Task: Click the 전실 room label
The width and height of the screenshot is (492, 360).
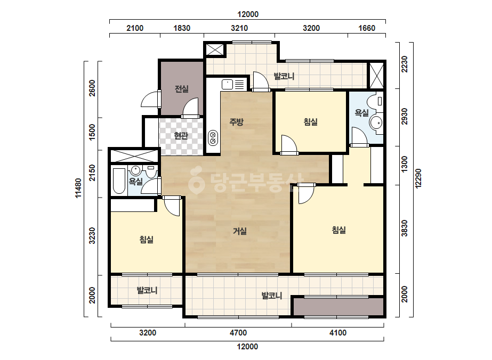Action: pyautogui.click(x=182, y=89)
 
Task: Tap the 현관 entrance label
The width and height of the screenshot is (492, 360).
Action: pyautogui.click(x=181, y=135)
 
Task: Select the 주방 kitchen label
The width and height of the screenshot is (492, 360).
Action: pyautogui.click(x=236, y=121)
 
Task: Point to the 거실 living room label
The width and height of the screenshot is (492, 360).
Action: pyautogui.click(x=240, y=231)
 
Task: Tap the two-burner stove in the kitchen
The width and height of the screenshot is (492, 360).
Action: pyautogui.click(x=213, y=138)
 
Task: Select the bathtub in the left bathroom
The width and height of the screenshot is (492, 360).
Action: pyautogui.click(x=119, y=181)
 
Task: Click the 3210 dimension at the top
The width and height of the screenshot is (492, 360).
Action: pyautogui.click(x=239, y=28)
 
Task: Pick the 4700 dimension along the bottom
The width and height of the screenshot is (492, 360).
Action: pyautogui.click(x=238, y=333)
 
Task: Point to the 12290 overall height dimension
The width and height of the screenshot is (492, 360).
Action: pyautogui.click(x=418, y=179)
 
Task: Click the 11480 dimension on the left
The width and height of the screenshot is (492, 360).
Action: pyautogui.click(x=78, y=188)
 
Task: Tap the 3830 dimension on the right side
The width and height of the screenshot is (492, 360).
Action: pyautogui.click(x=405, y=228)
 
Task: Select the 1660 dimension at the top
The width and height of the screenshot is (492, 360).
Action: pyautogui.click(x=367, y=28)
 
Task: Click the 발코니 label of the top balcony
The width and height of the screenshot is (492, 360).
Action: pyautogui.click(x=284, y=76)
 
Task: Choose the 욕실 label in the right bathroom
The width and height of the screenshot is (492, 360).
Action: pyautogui.click(x=362, y=113)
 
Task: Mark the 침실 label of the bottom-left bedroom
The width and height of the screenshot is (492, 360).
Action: pyautogui.click(x=147, y=240)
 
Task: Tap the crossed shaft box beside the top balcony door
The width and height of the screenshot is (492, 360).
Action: pyautogui.click(x=215, y=50)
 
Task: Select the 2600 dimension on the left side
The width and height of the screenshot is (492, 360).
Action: pyautogui.click(x=92, y=88)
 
